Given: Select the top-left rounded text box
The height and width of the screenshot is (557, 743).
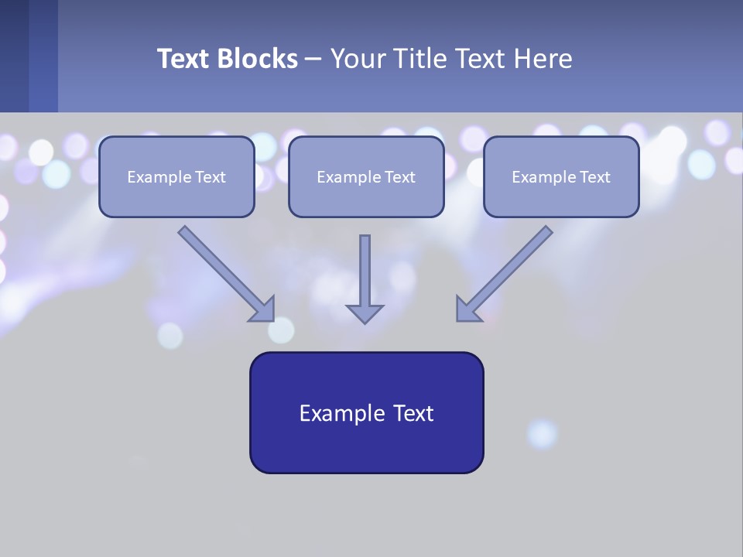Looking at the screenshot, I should tap(176, 176).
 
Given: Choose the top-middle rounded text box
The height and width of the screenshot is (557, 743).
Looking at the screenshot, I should tap(366, 176).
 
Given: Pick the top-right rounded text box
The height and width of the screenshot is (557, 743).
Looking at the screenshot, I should tap(561, 176).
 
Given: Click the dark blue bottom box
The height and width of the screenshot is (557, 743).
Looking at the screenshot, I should tap(366, 412).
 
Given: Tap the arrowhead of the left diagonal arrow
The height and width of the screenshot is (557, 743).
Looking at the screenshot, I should tap(263, 310).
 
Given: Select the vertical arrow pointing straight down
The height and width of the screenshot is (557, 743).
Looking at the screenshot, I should tap(365, 278).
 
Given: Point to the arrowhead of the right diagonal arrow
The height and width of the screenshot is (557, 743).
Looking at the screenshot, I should tap(467, 309).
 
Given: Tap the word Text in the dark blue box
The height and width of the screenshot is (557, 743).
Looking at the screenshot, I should tap(413, 413).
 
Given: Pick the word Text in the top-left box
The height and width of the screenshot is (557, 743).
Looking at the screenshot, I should tap(210, 177).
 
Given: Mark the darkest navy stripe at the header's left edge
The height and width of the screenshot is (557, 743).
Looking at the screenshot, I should tap(14, 56).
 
